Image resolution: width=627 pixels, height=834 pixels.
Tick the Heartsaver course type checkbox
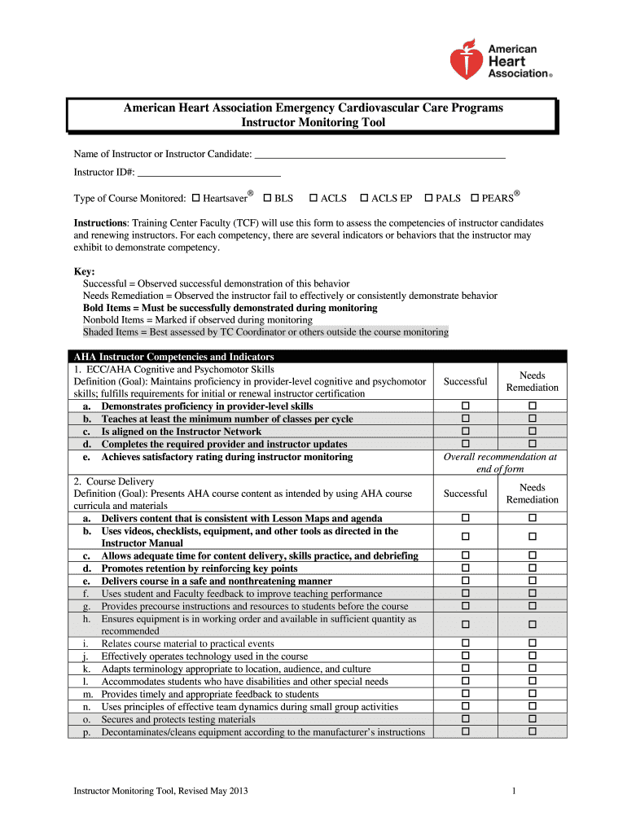195,198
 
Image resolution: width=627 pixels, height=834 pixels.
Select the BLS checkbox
267,198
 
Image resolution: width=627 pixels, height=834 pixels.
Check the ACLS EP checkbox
364,198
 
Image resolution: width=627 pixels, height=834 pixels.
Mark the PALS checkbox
428,198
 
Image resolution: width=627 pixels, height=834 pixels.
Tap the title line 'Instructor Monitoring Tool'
313,123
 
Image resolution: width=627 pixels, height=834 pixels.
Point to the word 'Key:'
84,271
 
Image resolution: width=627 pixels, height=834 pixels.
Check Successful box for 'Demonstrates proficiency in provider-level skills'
467,406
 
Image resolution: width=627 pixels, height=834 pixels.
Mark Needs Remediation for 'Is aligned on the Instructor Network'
533,431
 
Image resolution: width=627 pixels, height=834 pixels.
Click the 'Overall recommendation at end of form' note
500,463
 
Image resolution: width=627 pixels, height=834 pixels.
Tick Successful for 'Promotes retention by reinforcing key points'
467,568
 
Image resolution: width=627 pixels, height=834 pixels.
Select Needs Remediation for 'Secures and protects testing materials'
533,719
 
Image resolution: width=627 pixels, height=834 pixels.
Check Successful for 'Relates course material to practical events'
467,643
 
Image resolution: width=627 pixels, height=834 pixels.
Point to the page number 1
515,792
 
